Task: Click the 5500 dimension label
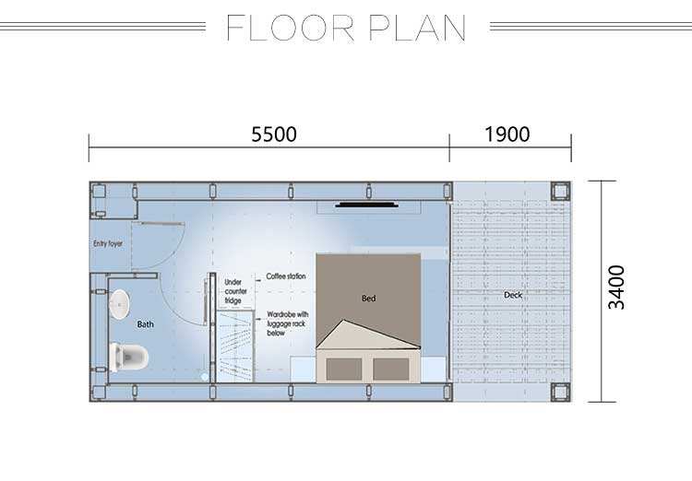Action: point(274,134)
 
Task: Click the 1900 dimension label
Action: point(507,134)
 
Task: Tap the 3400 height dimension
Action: point(616,287)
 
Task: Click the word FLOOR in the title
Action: point(291,28)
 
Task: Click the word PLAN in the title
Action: point(417,28)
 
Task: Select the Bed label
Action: point(368,299)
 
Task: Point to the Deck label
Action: point(513,295)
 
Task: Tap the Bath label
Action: point(145,324)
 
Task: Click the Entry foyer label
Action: point(108,243)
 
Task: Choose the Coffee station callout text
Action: point(285,276)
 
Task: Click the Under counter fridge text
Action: point(235,291)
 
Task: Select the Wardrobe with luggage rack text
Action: point(287,323)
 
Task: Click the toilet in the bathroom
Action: point(128,357)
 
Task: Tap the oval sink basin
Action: point(119,304)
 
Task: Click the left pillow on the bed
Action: point(344,369)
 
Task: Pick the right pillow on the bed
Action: point(390,369)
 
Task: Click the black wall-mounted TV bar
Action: point(366,205)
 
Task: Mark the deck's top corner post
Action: point(560,191)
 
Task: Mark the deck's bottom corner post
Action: point(560,392)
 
